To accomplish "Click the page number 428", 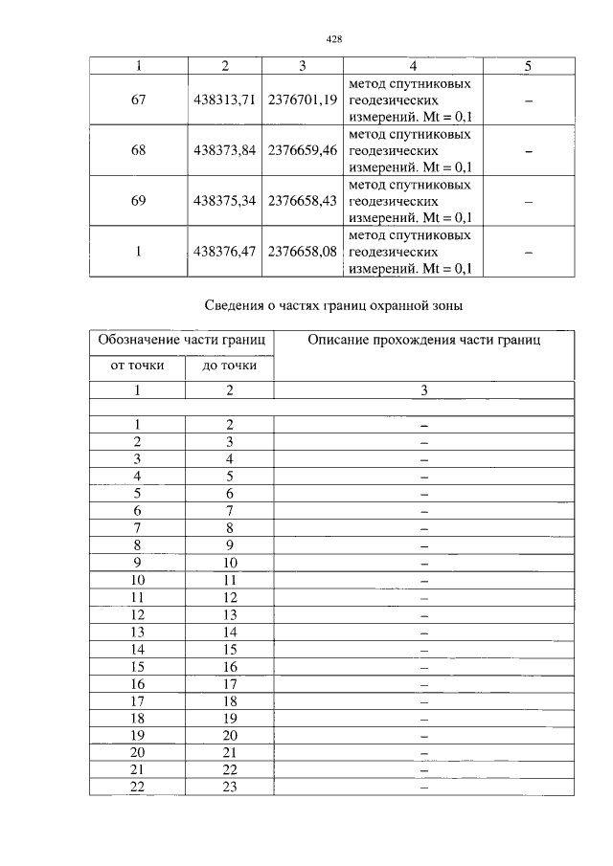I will click(x=333, y=39).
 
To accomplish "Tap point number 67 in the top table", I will click(x=138, y=100).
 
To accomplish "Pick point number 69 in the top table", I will click(x=138, y=201).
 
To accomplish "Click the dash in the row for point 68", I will click(x=528, y=151).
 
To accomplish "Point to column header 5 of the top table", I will click(x=528, y=66).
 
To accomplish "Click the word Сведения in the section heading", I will click(x=235, y=306).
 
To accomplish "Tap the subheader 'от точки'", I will click(x=137, y=366).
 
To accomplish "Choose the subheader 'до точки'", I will click(x=229, y=366).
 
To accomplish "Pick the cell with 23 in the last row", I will click(x=229, y=787).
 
